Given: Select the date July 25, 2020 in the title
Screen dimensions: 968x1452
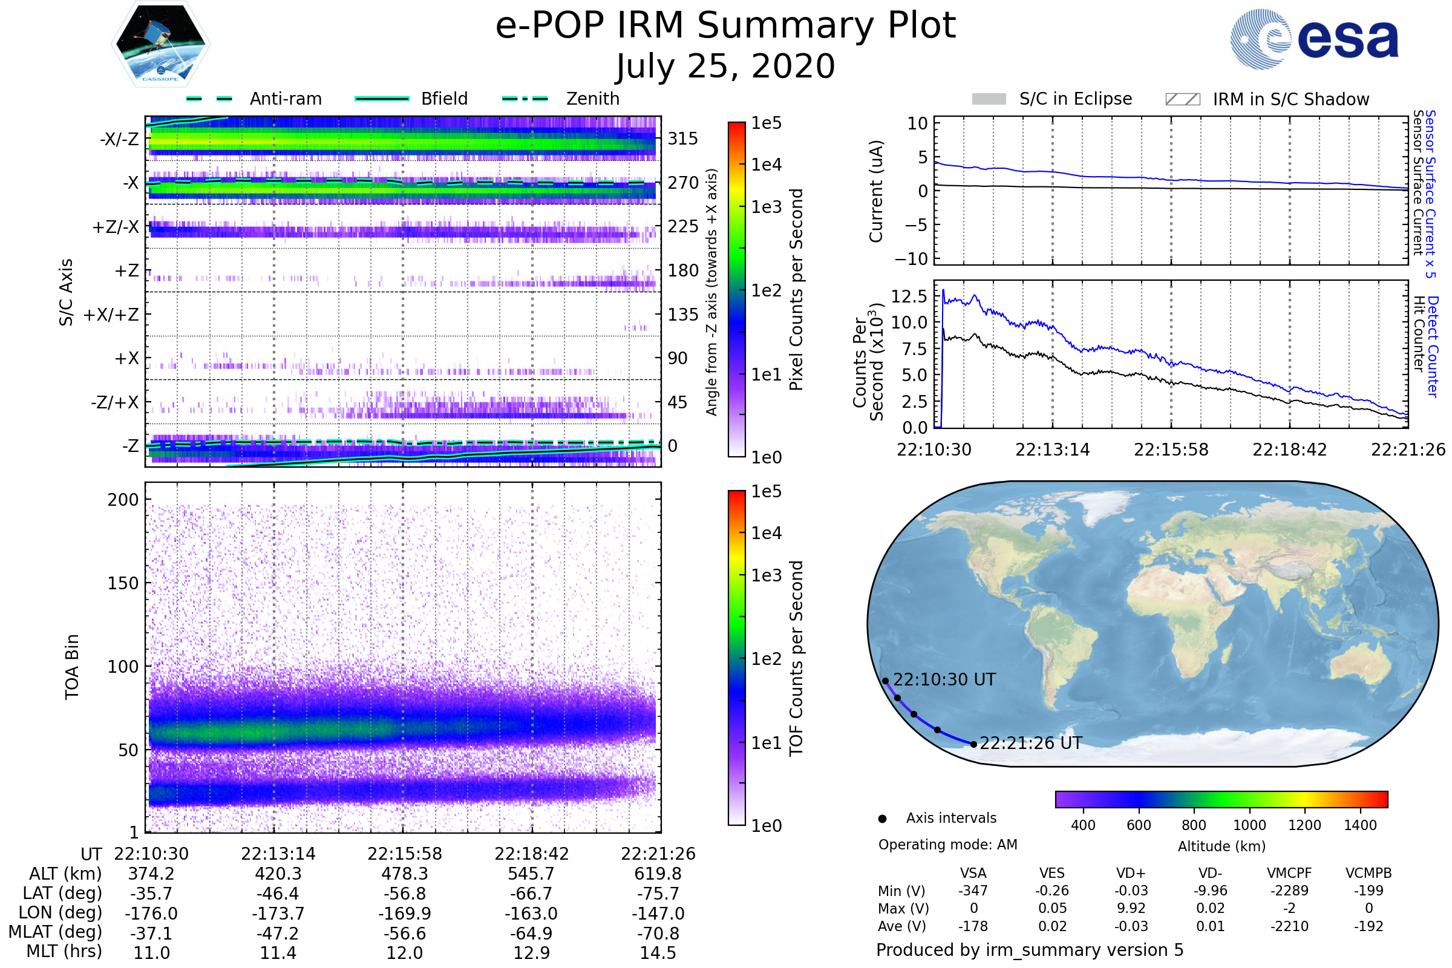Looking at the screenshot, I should (x=725, y=67).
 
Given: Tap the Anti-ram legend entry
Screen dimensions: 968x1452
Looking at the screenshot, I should (x=285, y=99).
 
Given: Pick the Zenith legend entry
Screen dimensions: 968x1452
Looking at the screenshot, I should (x=592, y=99).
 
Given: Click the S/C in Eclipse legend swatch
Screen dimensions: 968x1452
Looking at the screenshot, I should (x=989, y=99).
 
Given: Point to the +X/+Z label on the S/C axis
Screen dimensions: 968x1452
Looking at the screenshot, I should (x=111, y=315).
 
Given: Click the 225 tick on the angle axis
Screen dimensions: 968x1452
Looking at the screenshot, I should (x=683, y=226).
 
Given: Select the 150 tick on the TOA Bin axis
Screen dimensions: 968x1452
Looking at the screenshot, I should (x=123, y=583).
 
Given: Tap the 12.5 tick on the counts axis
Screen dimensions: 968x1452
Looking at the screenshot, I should (x=909, y=296).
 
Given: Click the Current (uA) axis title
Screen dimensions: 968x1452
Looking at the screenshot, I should (x=876, y=191).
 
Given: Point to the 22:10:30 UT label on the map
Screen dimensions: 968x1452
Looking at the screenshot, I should (x=944, y=679).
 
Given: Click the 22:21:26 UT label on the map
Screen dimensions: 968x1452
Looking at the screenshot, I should (x=1030, y=744).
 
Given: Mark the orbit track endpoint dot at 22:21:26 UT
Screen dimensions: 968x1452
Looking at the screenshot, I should (x=973, y=745).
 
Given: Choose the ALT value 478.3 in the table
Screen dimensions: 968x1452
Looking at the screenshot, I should (x=404, y=874).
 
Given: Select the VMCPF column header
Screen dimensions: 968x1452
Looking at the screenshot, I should (x=1289, y=874).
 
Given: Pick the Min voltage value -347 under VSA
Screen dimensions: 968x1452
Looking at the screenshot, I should (x=973, y=891).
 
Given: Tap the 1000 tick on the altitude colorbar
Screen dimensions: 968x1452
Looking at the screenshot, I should (x=1249, y=825).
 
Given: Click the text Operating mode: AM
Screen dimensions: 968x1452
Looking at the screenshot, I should (x=947, y=845).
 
